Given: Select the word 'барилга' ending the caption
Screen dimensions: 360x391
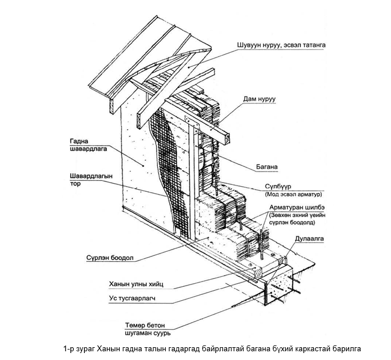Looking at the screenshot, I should [x=346, y=349].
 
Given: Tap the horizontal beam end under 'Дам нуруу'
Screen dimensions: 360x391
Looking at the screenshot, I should [x=228, y=138].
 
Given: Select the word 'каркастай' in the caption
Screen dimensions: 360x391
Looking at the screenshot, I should [x=311, y=349].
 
